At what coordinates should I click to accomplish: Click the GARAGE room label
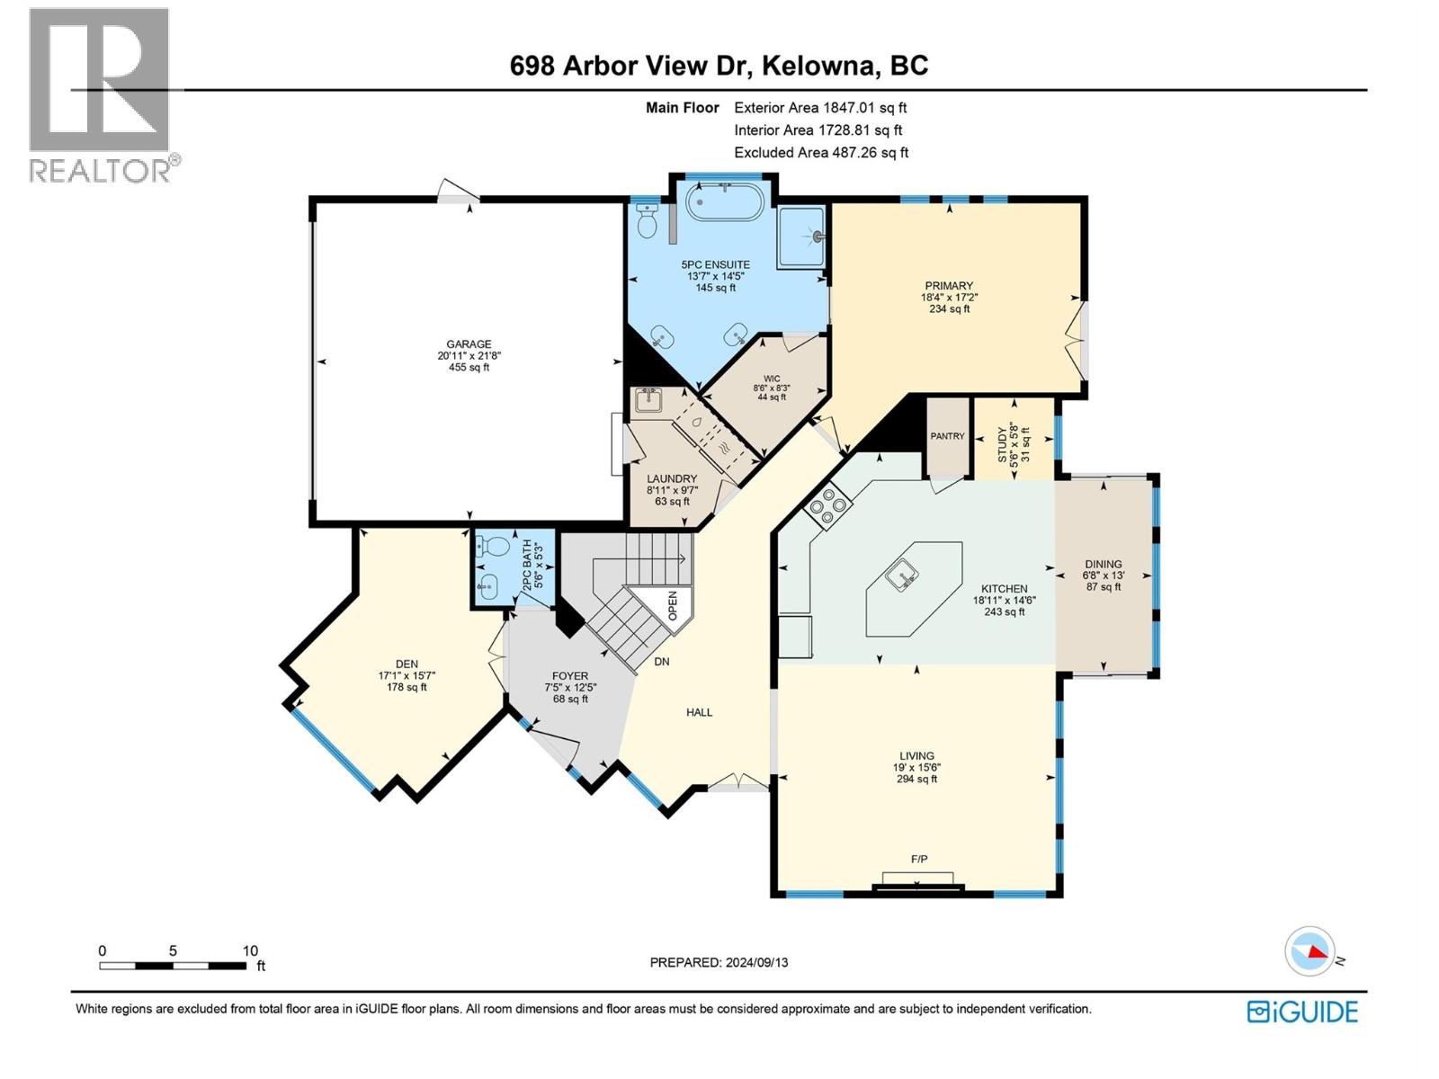(469, 344)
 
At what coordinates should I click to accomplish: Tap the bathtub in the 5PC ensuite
(725, 202)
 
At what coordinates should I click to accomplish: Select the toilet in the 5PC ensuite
(647, 219)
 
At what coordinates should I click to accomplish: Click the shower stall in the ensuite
(801, 236)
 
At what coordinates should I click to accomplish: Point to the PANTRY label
(947, 436)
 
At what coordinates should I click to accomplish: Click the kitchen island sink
(900, 573)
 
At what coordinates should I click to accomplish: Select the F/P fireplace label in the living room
(919, 860)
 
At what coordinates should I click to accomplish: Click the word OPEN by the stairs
(672, 605)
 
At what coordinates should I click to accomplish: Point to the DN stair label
(662, 662)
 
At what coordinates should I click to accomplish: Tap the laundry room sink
(647, 399)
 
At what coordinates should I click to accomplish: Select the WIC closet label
(772, 379)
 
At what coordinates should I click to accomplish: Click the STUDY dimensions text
(1014, 442)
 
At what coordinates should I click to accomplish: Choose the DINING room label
(1103, 565)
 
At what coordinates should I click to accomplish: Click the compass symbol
(1309, 951)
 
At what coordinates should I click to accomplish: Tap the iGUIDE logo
(1302, 1012)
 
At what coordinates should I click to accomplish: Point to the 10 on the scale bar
(250, 950)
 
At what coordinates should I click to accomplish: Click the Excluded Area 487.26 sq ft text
(821, 153)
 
